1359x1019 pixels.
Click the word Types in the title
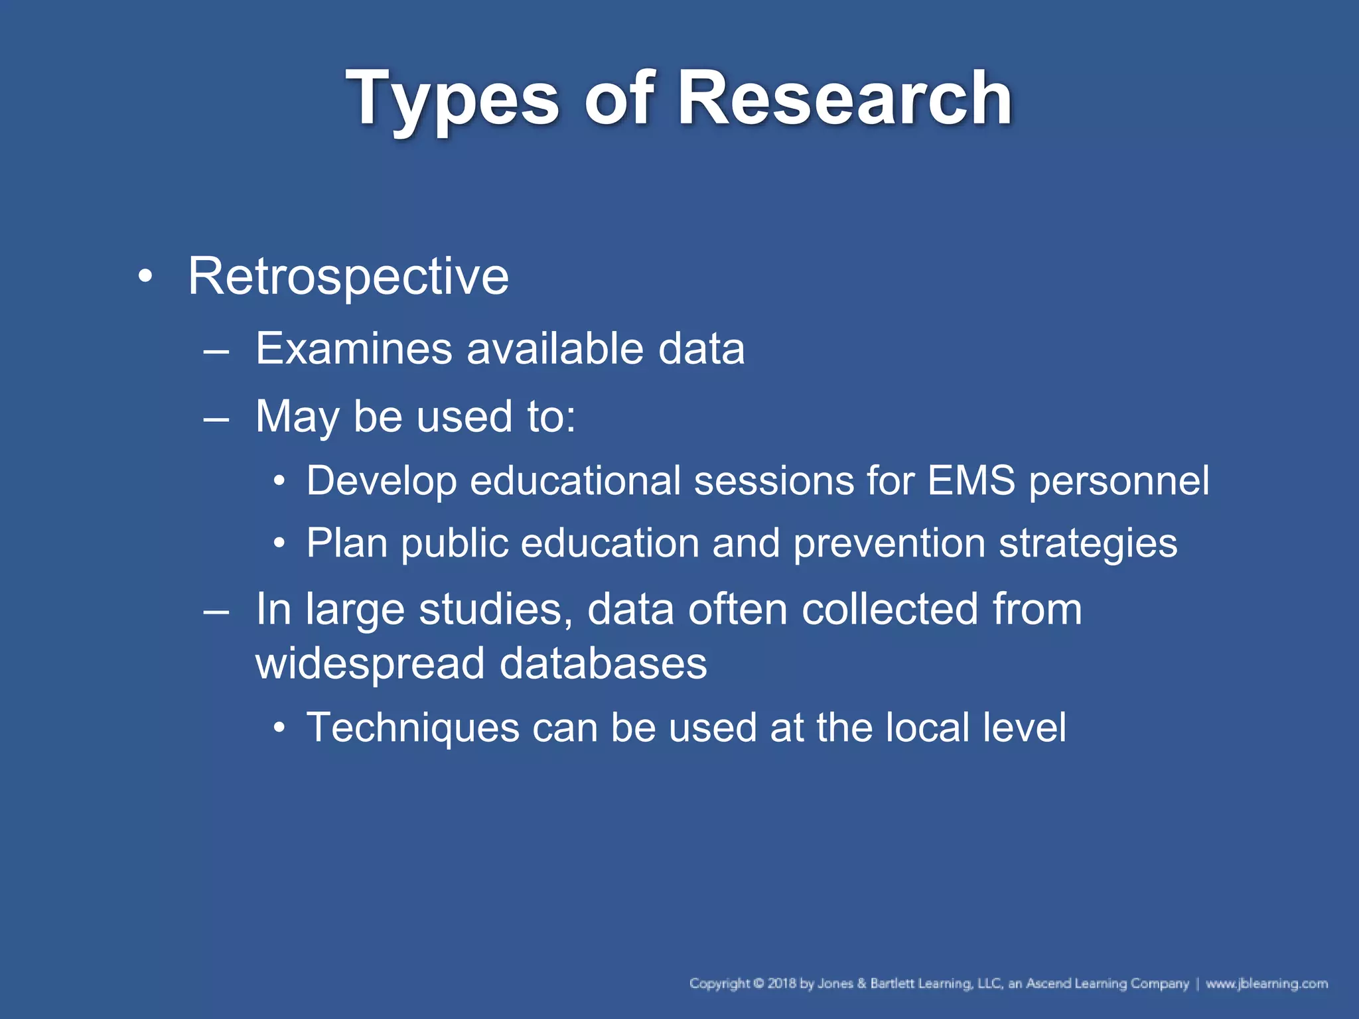click(452, 100)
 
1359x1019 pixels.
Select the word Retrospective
click(348, 277)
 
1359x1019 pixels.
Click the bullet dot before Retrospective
click(145, 276)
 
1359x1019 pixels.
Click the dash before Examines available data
click(216, 350)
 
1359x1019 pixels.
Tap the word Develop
click(382, 481)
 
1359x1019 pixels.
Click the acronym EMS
click(971, 480)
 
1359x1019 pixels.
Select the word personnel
click(1119, 482)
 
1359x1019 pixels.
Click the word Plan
click(347, 543)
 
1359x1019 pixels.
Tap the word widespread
click(370, 664)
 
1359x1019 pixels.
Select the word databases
click(603, 663)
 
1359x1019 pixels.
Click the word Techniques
click(413, 728)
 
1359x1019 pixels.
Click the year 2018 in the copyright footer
click(782, 983)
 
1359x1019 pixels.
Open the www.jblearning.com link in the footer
click(1267, 983)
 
